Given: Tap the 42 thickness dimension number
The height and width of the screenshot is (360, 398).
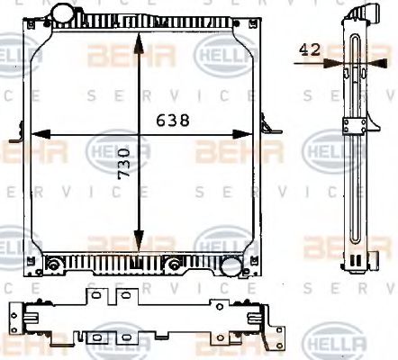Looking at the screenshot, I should (310, 51).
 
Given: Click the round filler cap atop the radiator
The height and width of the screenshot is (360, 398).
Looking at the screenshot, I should (64, 15).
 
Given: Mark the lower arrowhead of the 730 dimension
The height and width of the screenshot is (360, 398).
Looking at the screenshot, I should (138, 243).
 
